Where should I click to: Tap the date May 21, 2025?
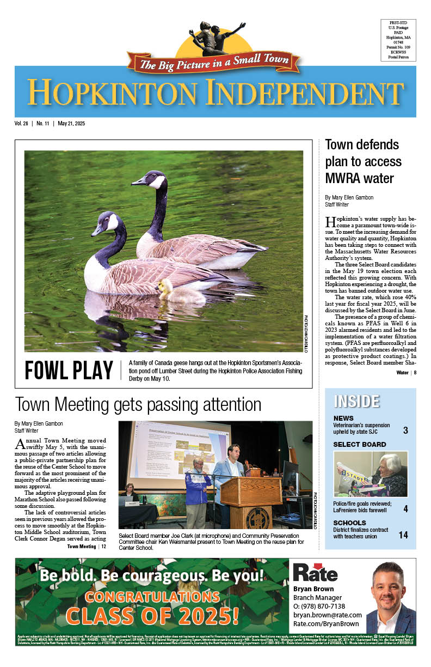(x=69, y=124)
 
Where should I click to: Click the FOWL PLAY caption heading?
(x=69, y=371)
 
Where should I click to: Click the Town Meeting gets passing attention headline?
(x=138, y=404)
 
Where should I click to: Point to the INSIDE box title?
(x=356, y=401)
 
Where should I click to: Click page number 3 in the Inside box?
(x=405, y=430)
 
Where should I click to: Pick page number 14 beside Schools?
(x=403, y=535)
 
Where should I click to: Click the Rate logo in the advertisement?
(x=315, y=572)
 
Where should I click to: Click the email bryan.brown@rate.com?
(x=327, y=615)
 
